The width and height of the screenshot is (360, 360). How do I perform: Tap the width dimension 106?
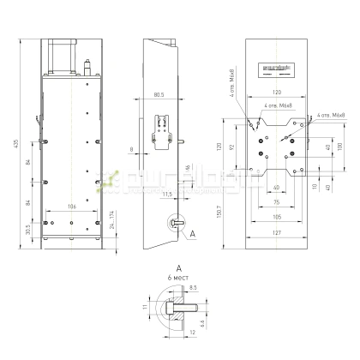[x=72, y=207]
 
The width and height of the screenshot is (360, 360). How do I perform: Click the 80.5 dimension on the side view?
[x=158, y=94]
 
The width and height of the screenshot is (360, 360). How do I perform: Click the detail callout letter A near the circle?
[x=191, y=232]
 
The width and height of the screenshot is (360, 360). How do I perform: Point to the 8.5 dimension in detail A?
[x=194, y=288]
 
